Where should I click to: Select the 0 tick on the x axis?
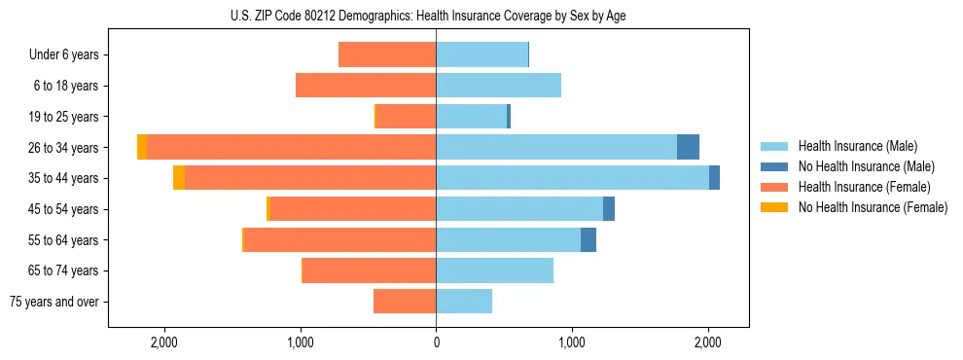[436, 342]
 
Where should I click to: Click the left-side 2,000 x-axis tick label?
[163, 342]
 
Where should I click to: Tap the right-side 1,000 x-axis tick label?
[572, 342]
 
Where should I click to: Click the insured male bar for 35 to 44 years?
[572, 178]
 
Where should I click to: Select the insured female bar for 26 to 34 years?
[292, 147]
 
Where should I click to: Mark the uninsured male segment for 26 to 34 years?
[688, 147]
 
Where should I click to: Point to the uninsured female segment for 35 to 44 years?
[179, 178]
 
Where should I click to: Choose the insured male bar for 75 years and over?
[464, 302]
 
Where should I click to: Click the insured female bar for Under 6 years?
[387, 55]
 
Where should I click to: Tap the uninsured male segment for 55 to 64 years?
[588, 240]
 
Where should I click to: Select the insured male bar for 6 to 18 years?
[498, 86]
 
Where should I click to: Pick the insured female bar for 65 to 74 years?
[370, 270]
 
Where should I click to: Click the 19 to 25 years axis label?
[64, 117]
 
